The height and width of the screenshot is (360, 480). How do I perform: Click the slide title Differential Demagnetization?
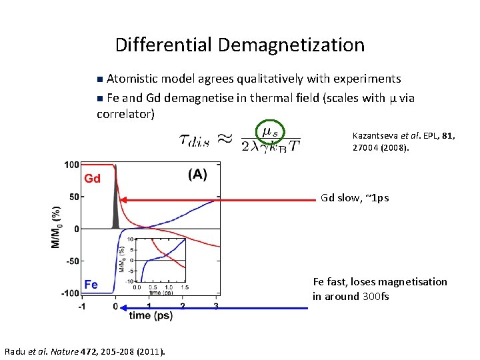click(240, 45)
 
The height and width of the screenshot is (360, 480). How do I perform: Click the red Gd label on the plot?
click(92, 179)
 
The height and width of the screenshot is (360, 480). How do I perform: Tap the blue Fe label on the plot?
click(91, 285)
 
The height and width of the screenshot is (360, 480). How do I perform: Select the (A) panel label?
click(197, 175)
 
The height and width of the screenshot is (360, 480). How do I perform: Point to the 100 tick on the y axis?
click(71, 164)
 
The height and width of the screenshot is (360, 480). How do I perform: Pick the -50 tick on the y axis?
click(71, 261)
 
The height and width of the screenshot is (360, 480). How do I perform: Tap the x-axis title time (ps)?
click(150, 315)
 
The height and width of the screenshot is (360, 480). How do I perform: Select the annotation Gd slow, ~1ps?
click(355, 198)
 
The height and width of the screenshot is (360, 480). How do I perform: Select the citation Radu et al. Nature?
click(85, 351)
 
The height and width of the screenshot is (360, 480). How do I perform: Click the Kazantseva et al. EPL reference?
click(403, 141)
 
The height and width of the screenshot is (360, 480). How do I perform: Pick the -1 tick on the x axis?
click(81, 307)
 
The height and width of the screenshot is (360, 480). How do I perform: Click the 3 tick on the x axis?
click(216, 307)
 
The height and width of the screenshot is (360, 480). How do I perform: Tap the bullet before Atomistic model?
click(100, 79)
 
